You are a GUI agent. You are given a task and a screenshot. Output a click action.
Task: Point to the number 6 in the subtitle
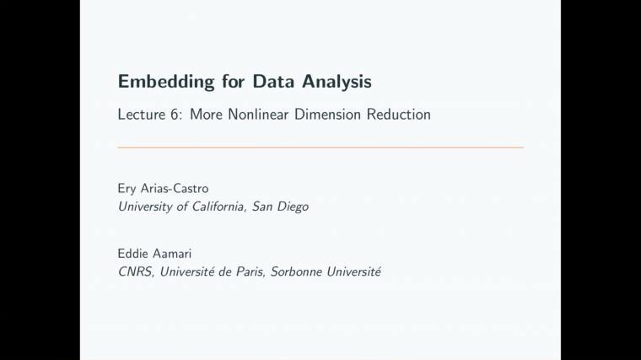pos(175,115)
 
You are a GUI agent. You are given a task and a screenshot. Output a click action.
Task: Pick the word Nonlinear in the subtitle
pos(258,115)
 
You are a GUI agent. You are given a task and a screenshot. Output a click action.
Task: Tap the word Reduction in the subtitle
pos(398,115)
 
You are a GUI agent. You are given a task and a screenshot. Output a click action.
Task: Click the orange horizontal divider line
pos(320,148)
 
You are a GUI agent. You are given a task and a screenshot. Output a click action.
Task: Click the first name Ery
pos(129,189)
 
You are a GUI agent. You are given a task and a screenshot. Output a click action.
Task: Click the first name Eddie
pos(135,254)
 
